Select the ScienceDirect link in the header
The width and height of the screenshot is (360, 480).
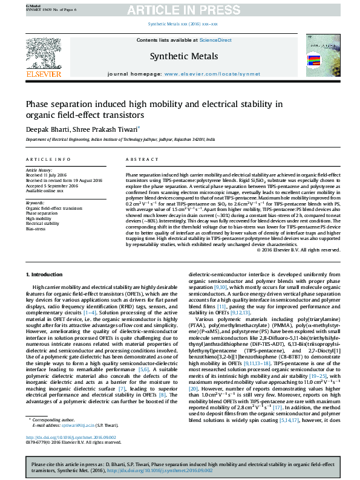click(x=216, y=40)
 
